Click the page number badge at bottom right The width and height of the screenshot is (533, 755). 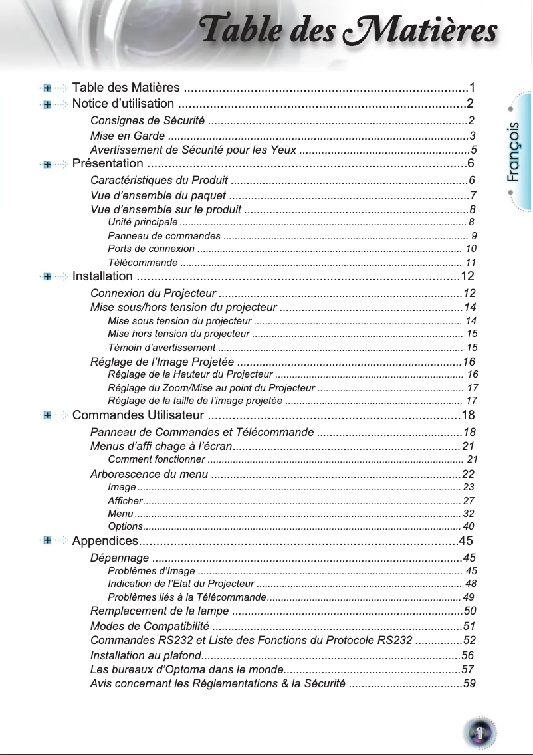pos(477,732)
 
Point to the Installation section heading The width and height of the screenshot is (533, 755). pos(102,276)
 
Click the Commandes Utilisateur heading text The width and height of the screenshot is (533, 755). pos(138,416)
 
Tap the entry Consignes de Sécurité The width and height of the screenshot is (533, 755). pos(146,120)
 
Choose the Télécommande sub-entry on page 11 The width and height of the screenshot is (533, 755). pos(142,263)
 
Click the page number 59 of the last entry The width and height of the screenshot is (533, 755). pos(469,683)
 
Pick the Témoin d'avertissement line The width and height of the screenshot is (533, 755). pos(161,348)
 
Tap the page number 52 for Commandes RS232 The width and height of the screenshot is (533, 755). pos(469,641)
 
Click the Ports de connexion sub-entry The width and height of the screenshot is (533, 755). pos(151,249)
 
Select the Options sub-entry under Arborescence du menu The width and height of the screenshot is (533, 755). pos(123,526)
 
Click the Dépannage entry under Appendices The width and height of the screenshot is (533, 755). pos(119,557)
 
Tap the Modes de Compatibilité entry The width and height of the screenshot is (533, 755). pos(150,626)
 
